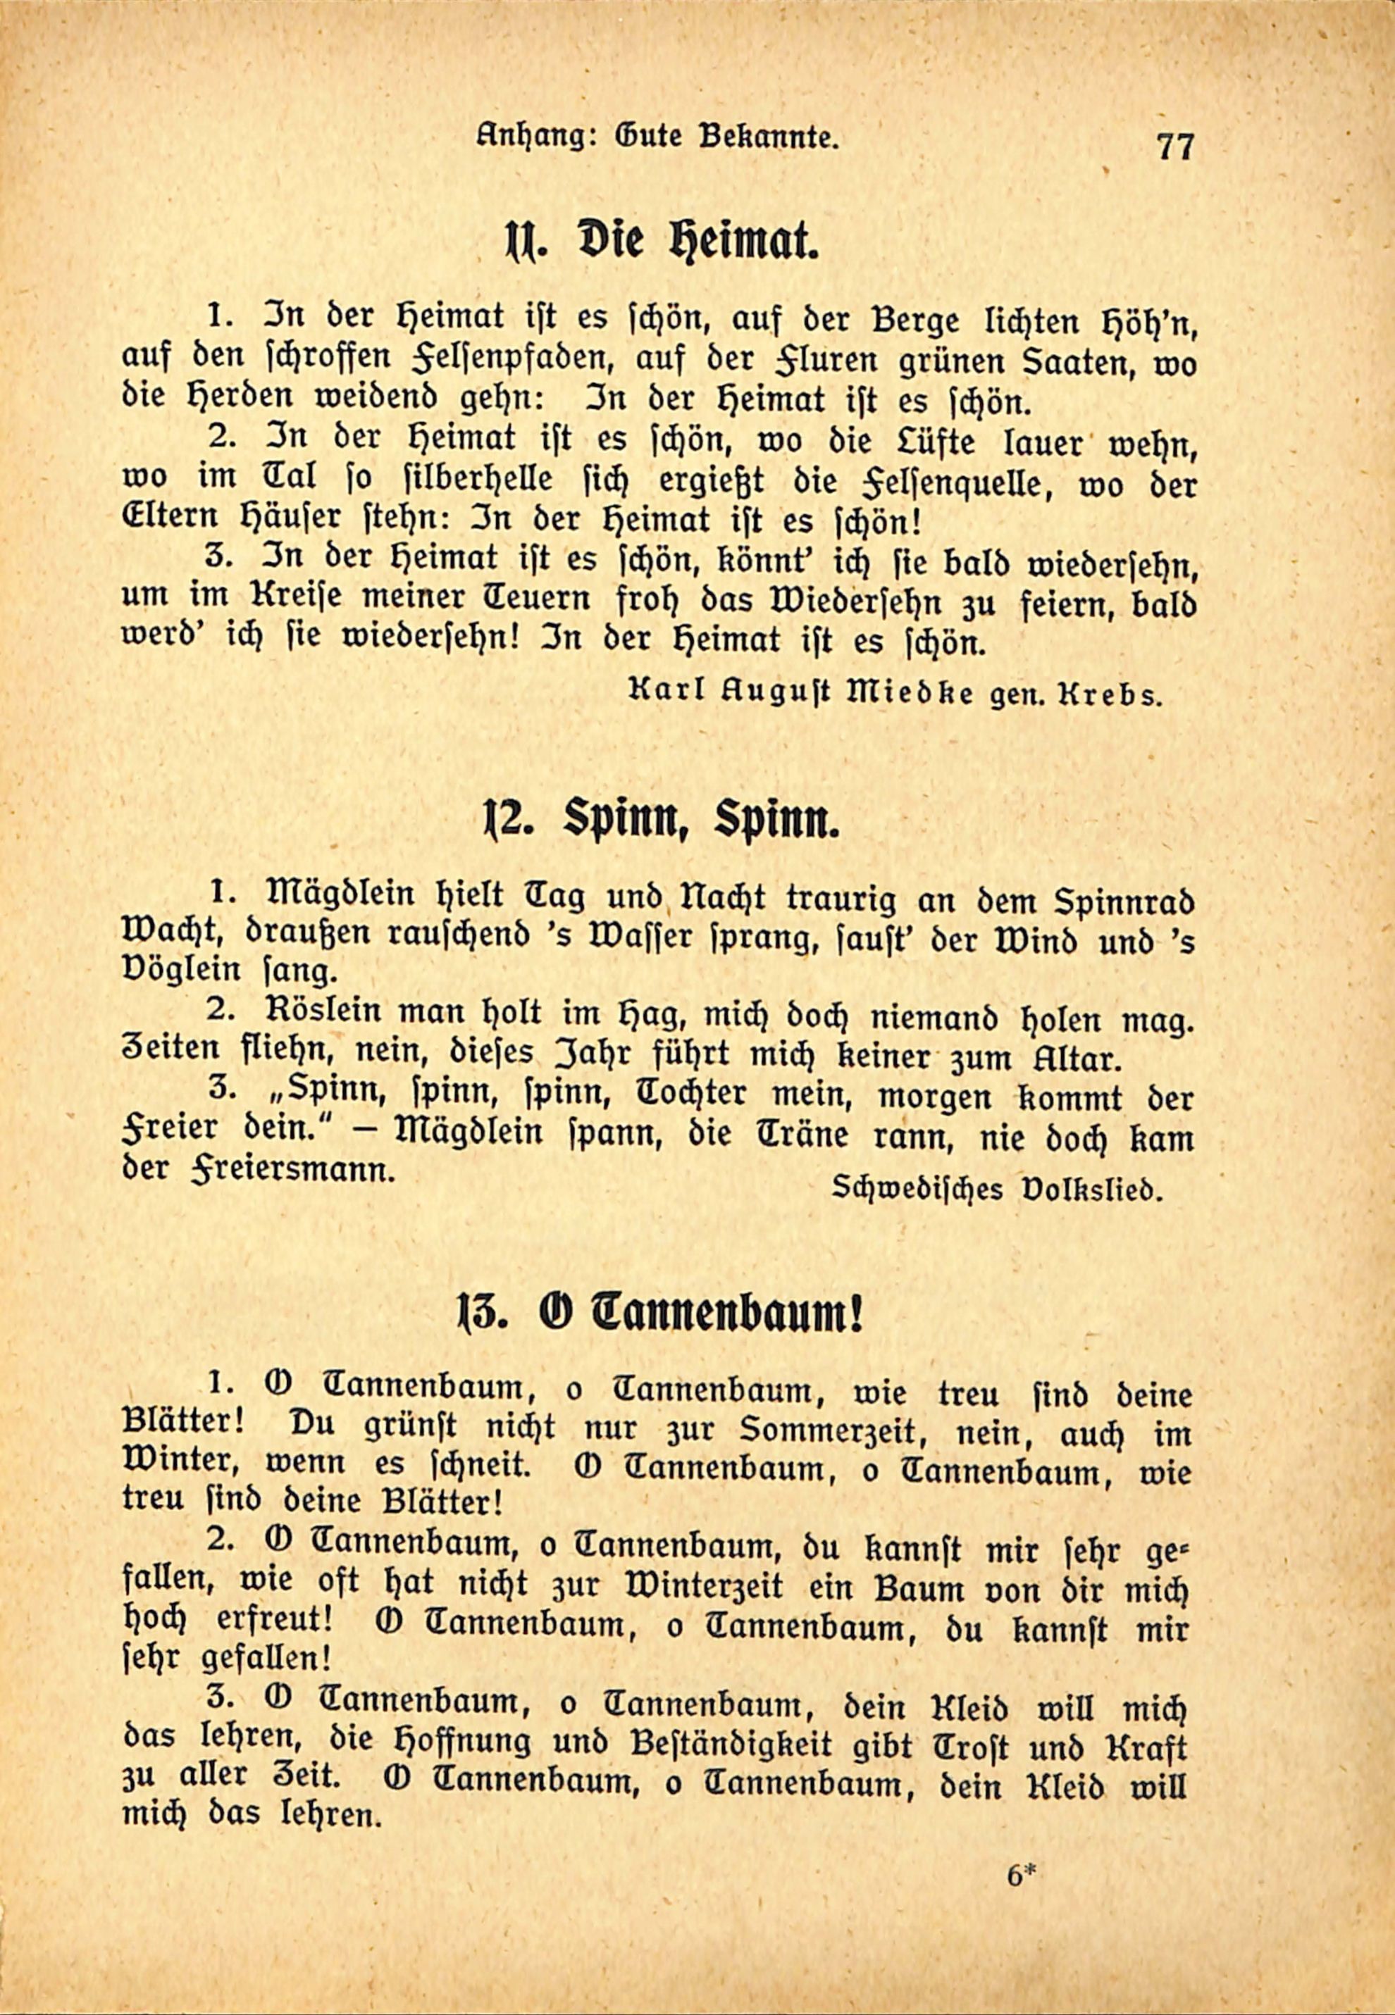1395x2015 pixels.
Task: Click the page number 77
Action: pos(1174,145)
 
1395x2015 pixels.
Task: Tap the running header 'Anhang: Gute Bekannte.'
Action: pos(658,137)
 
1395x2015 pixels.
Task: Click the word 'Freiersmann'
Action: pos(299,1171)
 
